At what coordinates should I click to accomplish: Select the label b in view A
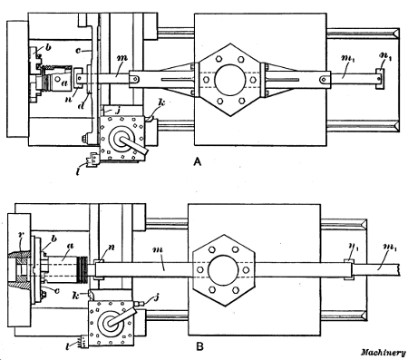48,44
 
